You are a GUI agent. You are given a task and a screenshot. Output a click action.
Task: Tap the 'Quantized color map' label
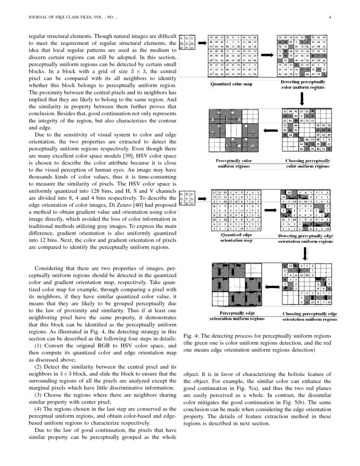pyautogui.click(x=231, y=84)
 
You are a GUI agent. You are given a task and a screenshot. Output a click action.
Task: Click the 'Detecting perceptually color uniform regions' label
pyautogui.click(x=303, y=84)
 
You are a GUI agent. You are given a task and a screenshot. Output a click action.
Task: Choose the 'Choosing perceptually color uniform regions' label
pyautogui.click(x=307, y=164)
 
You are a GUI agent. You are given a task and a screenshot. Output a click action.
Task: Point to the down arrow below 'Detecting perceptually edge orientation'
pyautogui.click(x=305, y=253)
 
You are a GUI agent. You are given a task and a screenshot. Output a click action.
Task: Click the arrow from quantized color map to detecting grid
pyautogui.click(x=267, y=55)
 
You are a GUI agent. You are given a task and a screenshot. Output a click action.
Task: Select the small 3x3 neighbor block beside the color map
pyautogui.click(x=187, y=42)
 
